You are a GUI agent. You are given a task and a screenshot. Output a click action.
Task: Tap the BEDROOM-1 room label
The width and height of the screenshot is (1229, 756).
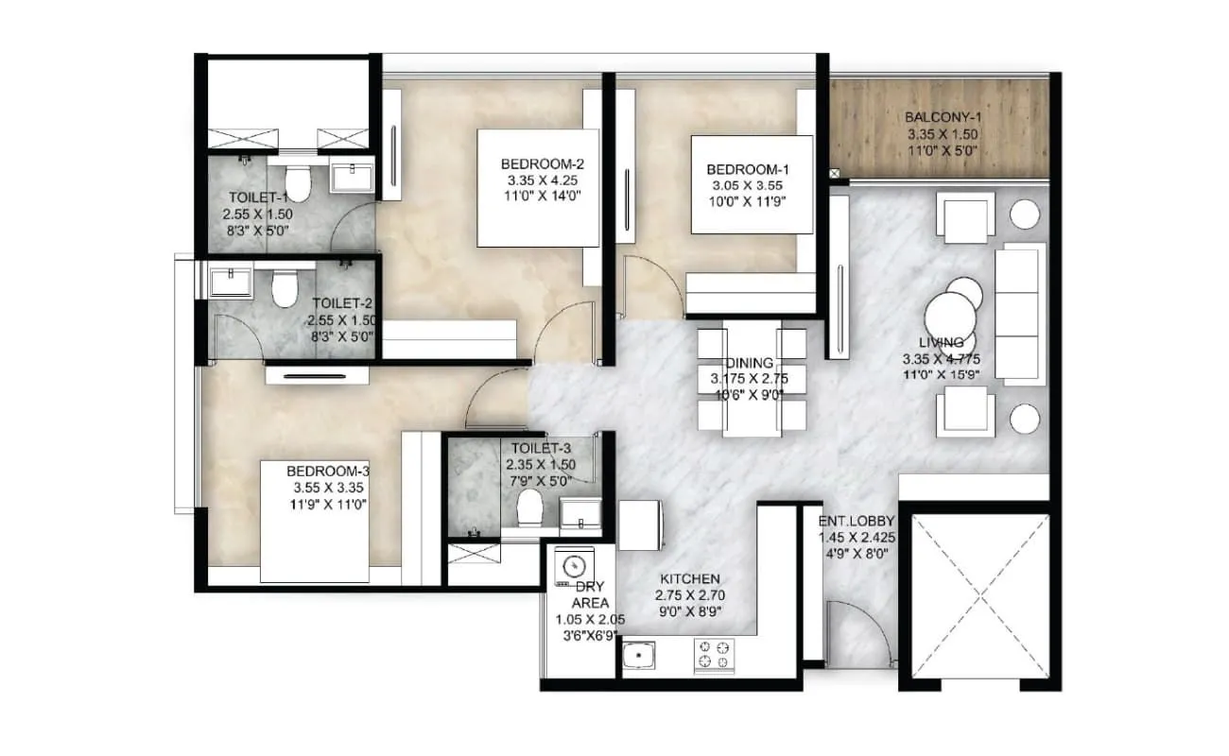(747, 169)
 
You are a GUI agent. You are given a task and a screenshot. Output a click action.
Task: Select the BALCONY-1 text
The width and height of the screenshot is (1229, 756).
(941, 118)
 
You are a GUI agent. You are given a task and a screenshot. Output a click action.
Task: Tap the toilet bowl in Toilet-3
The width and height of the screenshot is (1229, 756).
(529, 507)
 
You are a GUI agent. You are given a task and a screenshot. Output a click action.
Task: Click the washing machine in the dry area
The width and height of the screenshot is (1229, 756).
(572, 568)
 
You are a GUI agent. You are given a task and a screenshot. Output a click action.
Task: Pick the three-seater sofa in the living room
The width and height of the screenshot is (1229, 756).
(1021, 312)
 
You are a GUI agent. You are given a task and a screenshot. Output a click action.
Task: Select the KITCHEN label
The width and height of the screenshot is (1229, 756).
(691, 578)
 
